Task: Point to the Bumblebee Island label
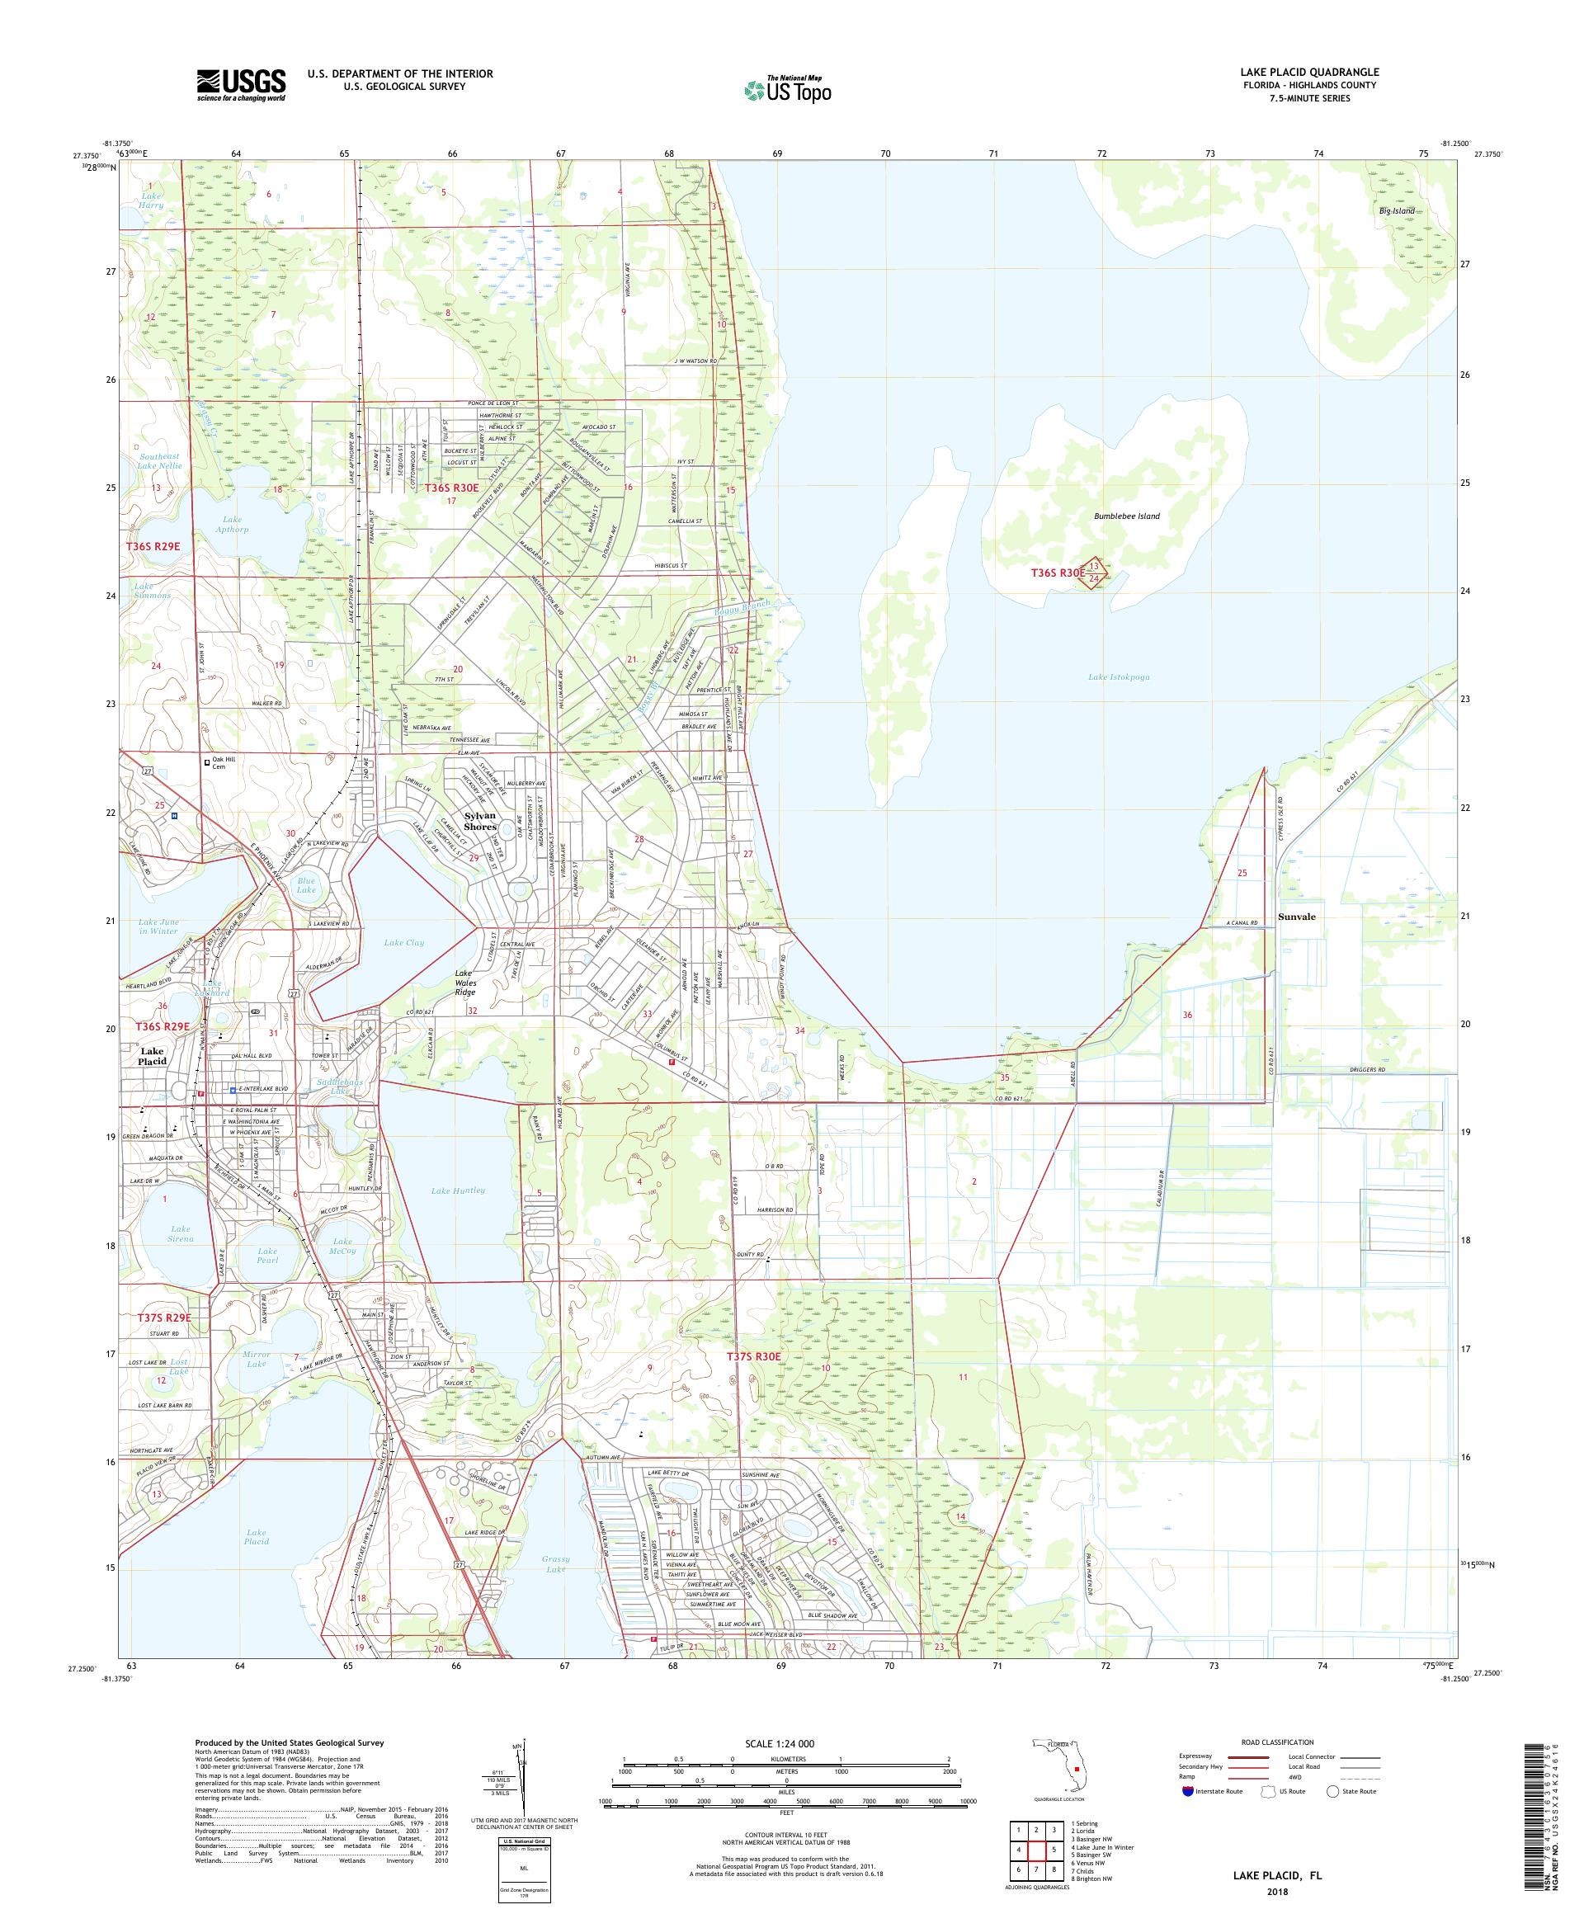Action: click(1126, 516)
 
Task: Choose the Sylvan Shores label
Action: click(480, 820)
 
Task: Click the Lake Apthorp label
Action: click(229, 524)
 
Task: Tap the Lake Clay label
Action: click(403, 942)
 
